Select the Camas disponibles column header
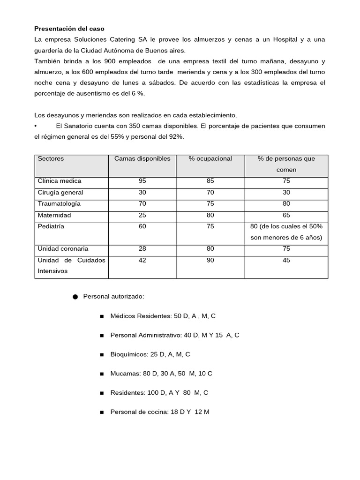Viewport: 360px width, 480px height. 142,158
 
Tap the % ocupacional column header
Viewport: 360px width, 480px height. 210,158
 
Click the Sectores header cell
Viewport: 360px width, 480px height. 51,158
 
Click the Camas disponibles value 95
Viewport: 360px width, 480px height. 142,181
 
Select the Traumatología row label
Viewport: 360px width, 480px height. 59,203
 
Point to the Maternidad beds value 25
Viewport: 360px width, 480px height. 142,215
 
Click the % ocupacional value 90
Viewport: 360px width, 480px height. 210,260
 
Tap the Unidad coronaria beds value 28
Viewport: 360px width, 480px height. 142,249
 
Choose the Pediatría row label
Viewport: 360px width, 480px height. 51,226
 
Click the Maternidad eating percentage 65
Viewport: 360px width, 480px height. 286,215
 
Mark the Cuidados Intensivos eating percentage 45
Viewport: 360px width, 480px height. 286,260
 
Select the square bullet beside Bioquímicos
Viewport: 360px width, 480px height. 101,355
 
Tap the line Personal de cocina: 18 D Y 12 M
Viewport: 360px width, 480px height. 159,412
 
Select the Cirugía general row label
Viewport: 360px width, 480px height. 60,192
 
